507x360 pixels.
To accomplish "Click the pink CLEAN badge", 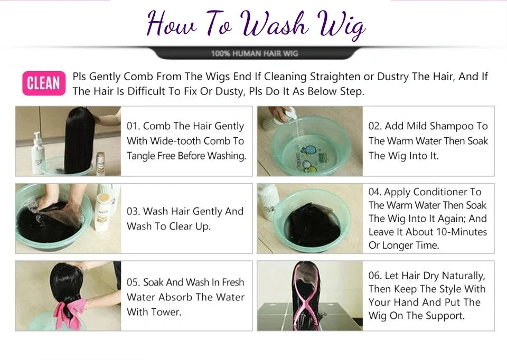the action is pos(44,83).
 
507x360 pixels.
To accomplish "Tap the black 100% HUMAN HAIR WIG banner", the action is pos(255,53).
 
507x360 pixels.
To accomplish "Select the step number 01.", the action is pos(133,126).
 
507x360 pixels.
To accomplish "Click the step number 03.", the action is pos(133,211).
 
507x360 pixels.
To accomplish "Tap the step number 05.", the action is pos(133,282).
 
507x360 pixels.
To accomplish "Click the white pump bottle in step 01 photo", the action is pos(38,153).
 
